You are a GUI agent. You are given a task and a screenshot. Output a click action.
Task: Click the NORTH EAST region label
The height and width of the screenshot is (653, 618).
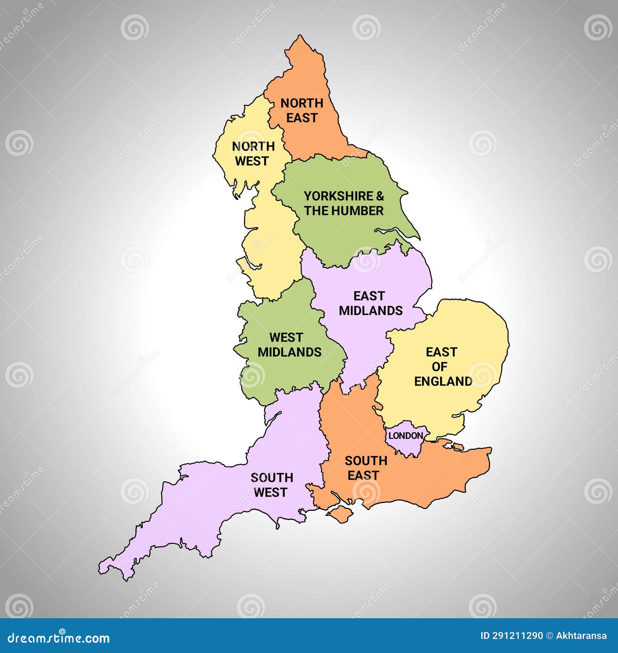point(302,110)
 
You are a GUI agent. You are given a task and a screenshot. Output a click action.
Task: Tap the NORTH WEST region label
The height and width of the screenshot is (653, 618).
point(253,153)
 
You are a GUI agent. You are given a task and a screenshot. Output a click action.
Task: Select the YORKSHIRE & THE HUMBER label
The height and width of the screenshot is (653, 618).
point(344,203)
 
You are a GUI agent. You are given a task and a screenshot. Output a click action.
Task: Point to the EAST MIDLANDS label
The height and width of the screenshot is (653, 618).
point(370,303)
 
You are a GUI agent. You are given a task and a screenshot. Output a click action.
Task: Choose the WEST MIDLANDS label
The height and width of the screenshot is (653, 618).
point(289,345)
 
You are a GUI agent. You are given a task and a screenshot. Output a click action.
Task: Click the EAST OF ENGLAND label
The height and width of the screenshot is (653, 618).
point(443,367)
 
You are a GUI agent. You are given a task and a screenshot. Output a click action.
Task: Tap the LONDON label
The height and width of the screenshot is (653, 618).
point(405,436)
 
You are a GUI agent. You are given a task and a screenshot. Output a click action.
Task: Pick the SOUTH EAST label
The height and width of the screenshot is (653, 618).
point(365,468)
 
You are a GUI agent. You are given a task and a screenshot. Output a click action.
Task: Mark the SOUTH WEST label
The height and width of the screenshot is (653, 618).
point(272,485)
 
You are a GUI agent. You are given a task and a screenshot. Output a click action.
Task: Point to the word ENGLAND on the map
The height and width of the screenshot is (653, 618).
point(443,381)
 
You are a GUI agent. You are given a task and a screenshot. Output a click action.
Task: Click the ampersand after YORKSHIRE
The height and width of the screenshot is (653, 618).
point(380,196)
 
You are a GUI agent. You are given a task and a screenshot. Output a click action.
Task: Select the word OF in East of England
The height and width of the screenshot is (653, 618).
point(440,367)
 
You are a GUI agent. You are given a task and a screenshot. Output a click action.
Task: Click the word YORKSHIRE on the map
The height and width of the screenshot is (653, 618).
point(338,196)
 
